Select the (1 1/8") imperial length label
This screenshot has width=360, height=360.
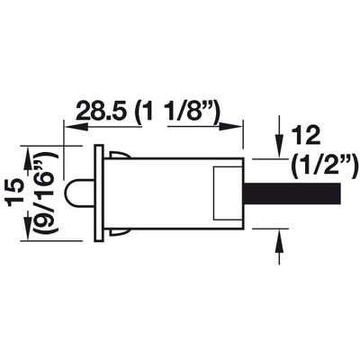pyautogui.click(x=179, y=112)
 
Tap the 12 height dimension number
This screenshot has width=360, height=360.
pyautogui.click(x=304, y=136)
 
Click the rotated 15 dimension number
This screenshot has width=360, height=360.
pyautogui.click(x=15, y=193)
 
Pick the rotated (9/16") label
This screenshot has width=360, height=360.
pyautogui.click(x=46, y=193)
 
